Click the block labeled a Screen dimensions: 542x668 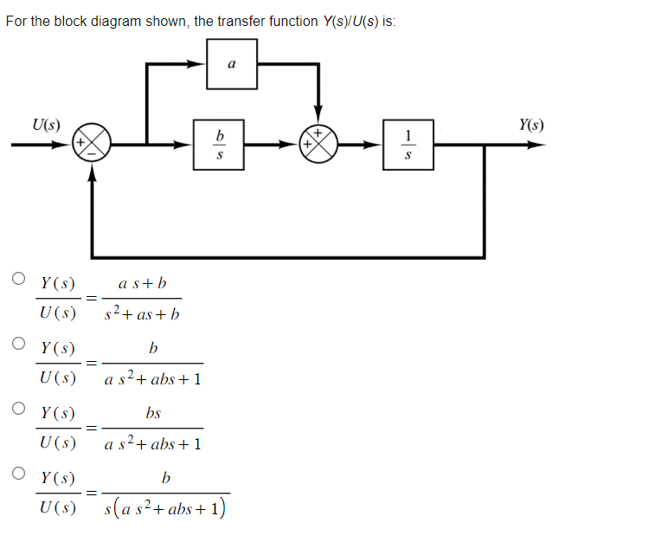pyautogui.click(x=231, y=64)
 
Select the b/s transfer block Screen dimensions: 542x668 pyautogui.click(x=220, y=145)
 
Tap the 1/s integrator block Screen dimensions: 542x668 pyautogui.click(x=408, y=145)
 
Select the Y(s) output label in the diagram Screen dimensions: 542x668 pyautogui.click(x=531, y=125)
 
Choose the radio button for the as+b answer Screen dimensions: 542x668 pyautogui.click(x=18, y=279)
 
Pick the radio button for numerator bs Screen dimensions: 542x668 pyautogui.click(x=18, y=408)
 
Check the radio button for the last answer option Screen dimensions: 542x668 pyautogui.click(x=18, y=473)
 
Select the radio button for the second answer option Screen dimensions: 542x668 pyautogui.click(x=18, y=344)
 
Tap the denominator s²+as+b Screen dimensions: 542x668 pyautogui.click(x=142, y=313)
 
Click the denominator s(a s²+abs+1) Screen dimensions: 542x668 pyautogui.click(x=165, y=508)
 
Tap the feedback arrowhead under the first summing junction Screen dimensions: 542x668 pyautogui.click(x=92, y=174)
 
